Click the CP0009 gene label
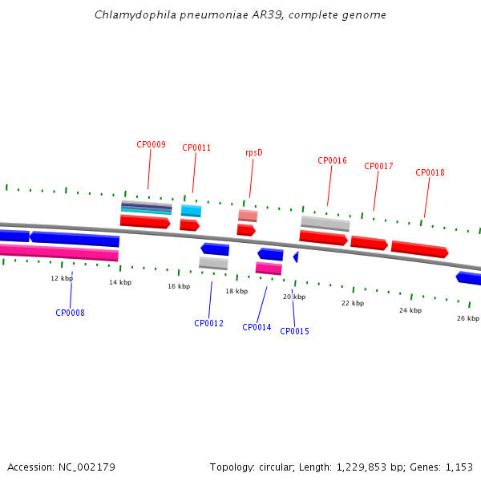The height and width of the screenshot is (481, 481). coord(151,144)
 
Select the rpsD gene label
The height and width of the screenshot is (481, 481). coord(254,153)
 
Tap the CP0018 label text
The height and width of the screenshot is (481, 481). coord(430,172)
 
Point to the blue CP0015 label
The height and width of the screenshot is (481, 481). coord(294,331)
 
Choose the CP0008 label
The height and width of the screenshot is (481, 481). coord(70,313)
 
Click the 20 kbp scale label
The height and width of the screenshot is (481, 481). coord(294,297)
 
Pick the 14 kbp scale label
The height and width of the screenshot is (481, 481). coord(120,282)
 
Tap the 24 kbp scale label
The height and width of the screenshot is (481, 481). coord(410,310)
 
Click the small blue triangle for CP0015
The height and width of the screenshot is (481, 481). coord(297,257)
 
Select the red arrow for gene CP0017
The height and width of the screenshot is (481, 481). coord(369,243)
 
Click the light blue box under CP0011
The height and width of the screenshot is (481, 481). coord(191,211)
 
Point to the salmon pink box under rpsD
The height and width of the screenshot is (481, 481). coord(248,216)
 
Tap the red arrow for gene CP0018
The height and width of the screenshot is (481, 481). coord(419,249)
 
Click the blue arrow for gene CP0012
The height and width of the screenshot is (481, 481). coord(215,249)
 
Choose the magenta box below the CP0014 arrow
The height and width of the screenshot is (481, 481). coord(269,269)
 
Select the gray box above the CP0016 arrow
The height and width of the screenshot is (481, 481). coord(325,224)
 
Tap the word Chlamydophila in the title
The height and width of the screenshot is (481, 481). coord(135,15)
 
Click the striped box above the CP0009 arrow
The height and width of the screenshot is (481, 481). coord(147,208)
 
